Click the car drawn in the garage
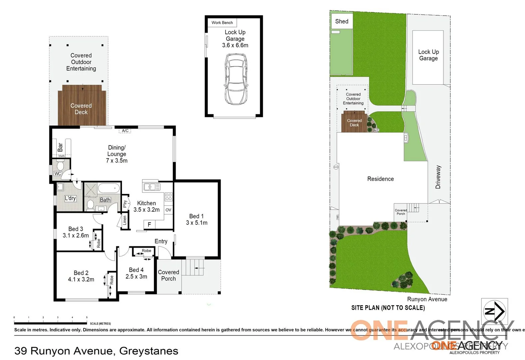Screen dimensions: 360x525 click(x=236, y=79)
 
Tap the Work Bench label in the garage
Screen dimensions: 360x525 click(x=222, y=23)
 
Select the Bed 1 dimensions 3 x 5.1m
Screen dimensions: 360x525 click(x=197, y=223)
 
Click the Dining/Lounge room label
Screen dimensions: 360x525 click(x=117, y=151)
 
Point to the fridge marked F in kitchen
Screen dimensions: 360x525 click(x=149, y=225)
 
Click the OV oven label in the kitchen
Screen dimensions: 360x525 click(x=168, y=210)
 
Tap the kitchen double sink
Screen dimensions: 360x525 click(x=152, y=187)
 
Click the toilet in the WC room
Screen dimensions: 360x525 click(x=60, y=165)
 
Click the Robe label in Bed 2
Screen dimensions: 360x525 click(x=112, y=280)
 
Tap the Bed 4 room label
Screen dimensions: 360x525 click(x=136, y=270)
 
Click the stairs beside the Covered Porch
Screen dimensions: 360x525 click(x=195, y=267)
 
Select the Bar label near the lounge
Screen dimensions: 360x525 click(x=60, y=147)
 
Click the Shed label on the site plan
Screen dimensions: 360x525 click(x=341, y=21)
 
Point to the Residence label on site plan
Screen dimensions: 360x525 click(x=380, y=179)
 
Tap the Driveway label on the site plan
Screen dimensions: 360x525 click(x=438, y=177)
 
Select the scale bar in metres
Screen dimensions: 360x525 click(x=50, y=323)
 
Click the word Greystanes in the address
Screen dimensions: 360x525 click(x=149, y=351)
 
